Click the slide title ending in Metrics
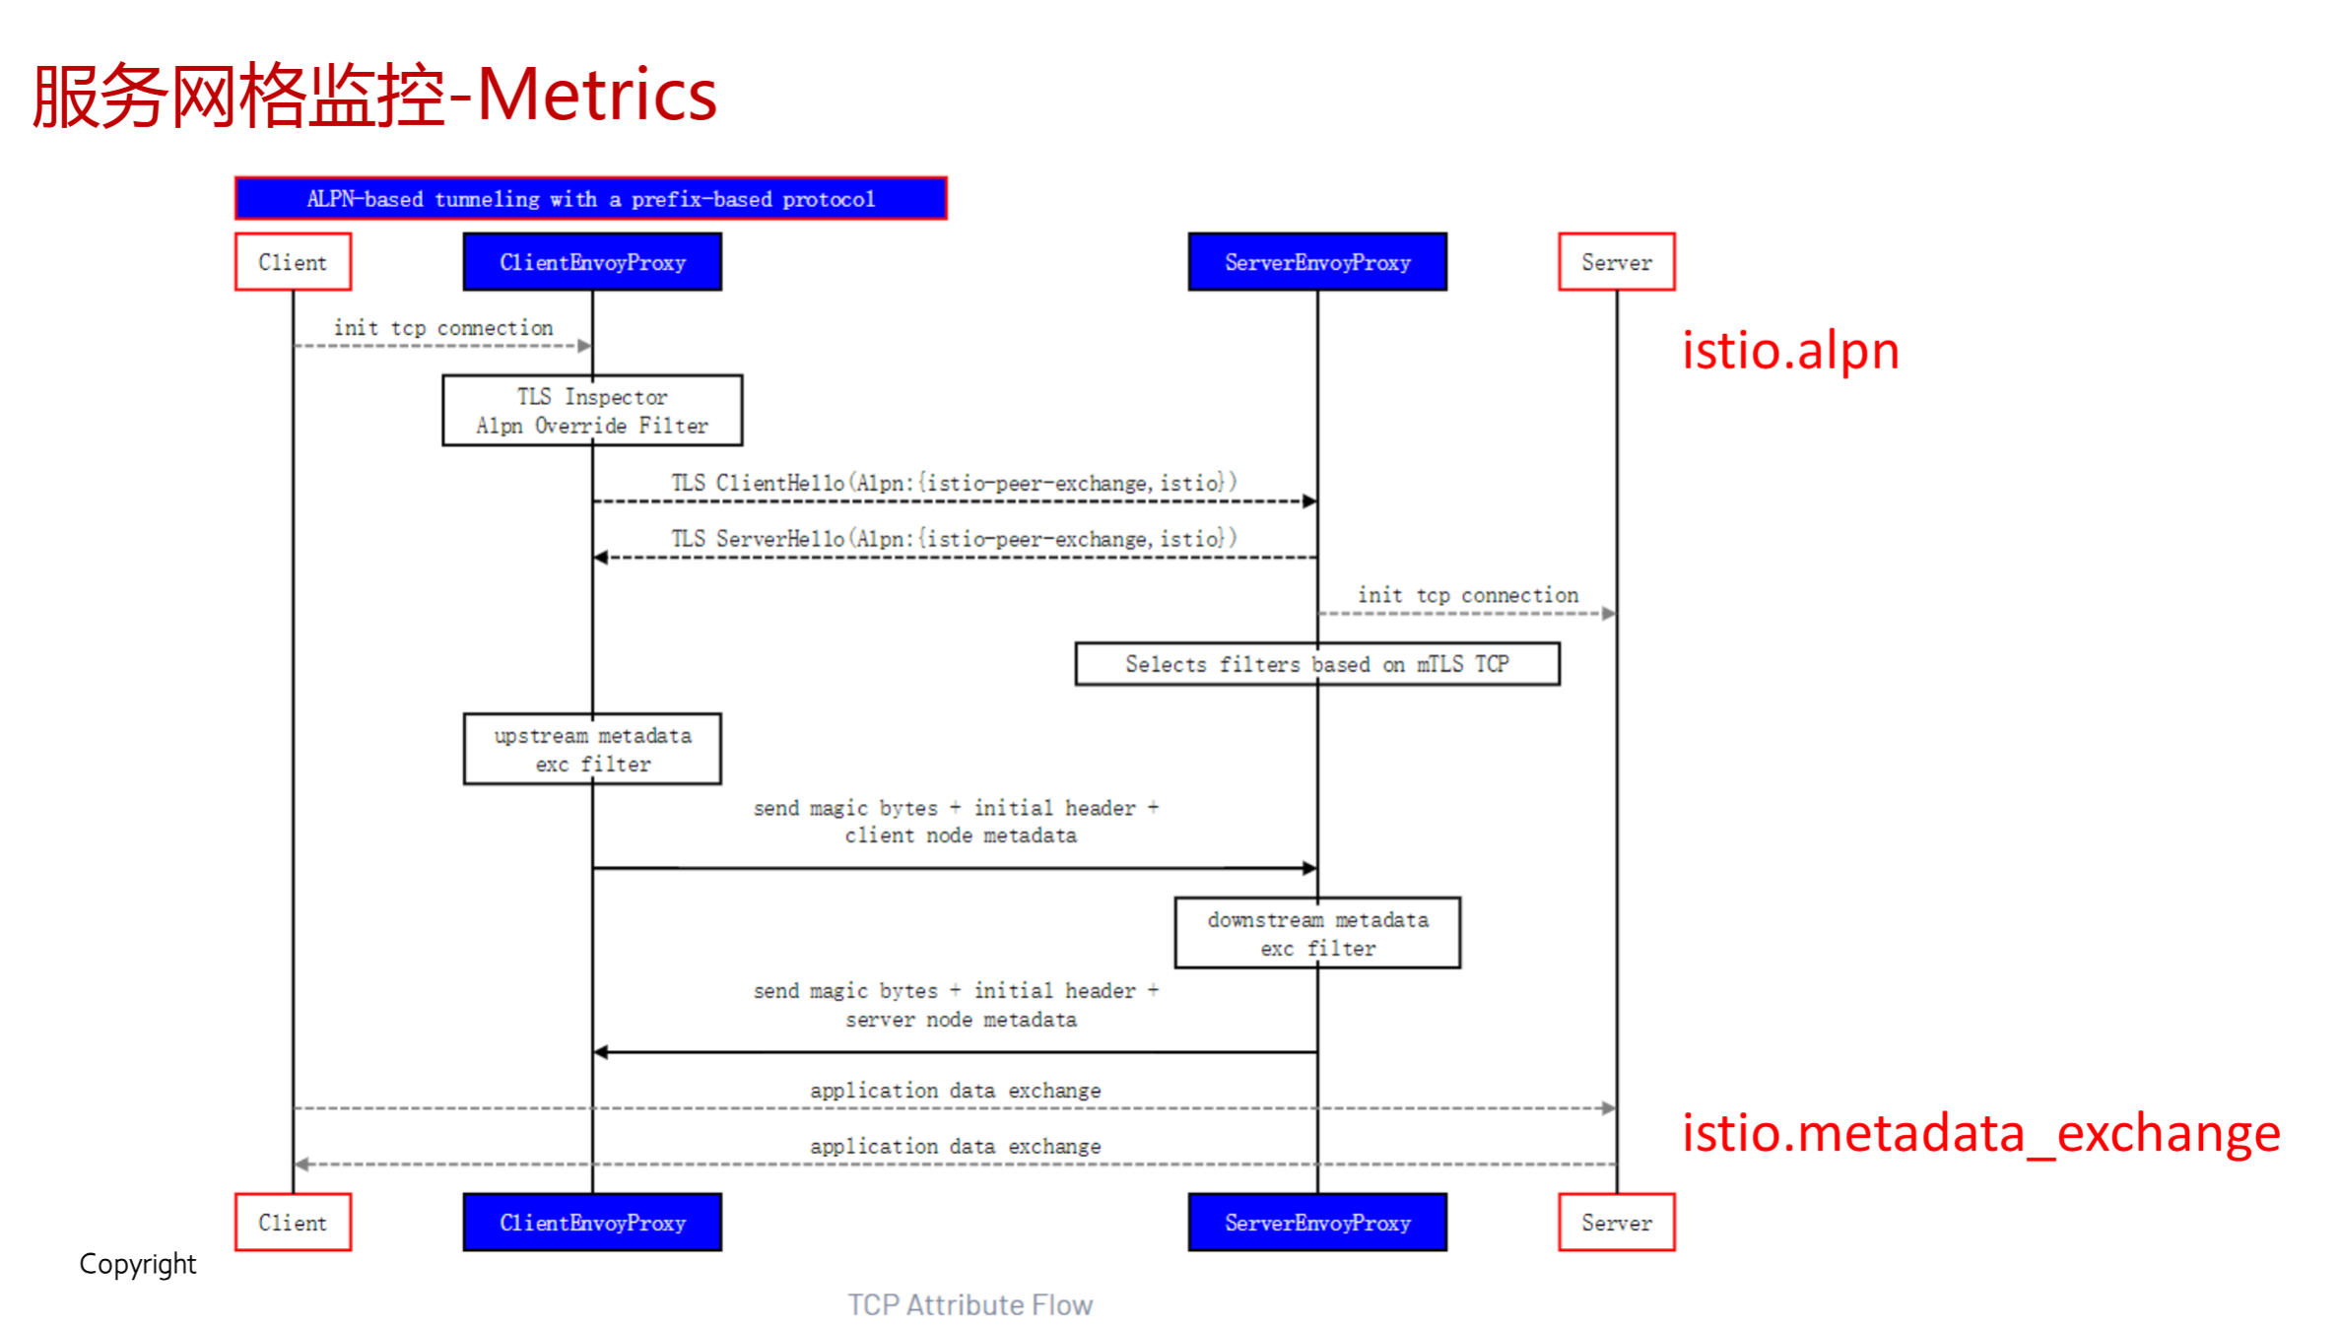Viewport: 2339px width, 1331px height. pos(374,96)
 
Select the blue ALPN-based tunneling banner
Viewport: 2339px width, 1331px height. pos(590,199)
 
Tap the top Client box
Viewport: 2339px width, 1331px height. pos(293,262)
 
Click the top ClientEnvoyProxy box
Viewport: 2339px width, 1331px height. pos(592,262)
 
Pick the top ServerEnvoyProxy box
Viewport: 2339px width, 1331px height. pos(1317,262)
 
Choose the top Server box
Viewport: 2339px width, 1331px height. pos(1616,262)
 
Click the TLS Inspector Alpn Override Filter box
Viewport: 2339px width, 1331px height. pos(592,411)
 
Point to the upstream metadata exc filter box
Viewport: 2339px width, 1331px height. pos(592,749)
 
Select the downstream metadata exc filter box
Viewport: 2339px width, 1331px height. pos(1317,933)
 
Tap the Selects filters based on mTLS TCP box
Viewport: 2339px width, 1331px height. pos(1317,664)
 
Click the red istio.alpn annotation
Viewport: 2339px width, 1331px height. pos(1790,351)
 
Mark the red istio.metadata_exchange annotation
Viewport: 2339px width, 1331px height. pos(1980,1133)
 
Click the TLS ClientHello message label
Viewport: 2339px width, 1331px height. pos(954,483)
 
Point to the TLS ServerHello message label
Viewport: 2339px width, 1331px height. pos(954,539)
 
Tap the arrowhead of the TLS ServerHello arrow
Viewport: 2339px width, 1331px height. pos(600,558)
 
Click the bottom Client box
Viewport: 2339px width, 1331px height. pos(293,1223)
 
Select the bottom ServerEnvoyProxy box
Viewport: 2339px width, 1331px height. pos(1317,1223)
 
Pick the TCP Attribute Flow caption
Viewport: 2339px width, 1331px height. pos(969,1304)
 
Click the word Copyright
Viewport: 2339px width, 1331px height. pos(138,1264)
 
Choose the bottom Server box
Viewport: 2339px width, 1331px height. pos(1616,1223)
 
